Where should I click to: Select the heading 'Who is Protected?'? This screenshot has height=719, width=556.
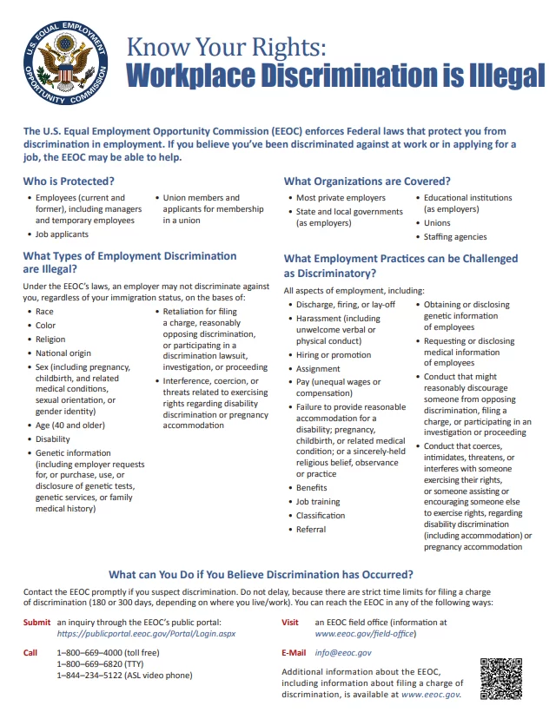tap(69, 181)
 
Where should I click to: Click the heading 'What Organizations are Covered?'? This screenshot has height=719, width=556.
tap(367, 181)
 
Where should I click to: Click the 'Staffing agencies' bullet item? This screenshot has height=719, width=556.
tap(454, 237)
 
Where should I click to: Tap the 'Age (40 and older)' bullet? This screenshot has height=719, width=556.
tap(70, 425)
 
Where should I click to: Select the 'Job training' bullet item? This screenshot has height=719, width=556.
tap(319, 501)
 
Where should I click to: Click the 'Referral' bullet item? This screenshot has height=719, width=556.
tap(311, 529)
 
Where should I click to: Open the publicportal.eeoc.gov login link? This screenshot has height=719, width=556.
tap(146, 634)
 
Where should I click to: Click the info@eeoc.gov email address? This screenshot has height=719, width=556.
tap(342, 651)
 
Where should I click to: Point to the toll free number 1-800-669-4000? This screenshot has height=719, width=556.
tap(96, 652)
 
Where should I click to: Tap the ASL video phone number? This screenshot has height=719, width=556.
tap(100, 675)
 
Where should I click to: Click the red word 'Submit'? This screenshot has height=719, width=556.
tap(37, 622)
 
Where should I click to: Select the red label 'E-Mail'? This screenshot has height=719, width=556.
tap(295, 651)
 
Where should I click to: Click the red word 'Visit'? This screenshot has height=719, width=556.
tap(290, 622)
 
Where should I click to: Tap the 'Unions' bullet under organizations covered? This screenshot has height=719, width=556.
tap(437, 222)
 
